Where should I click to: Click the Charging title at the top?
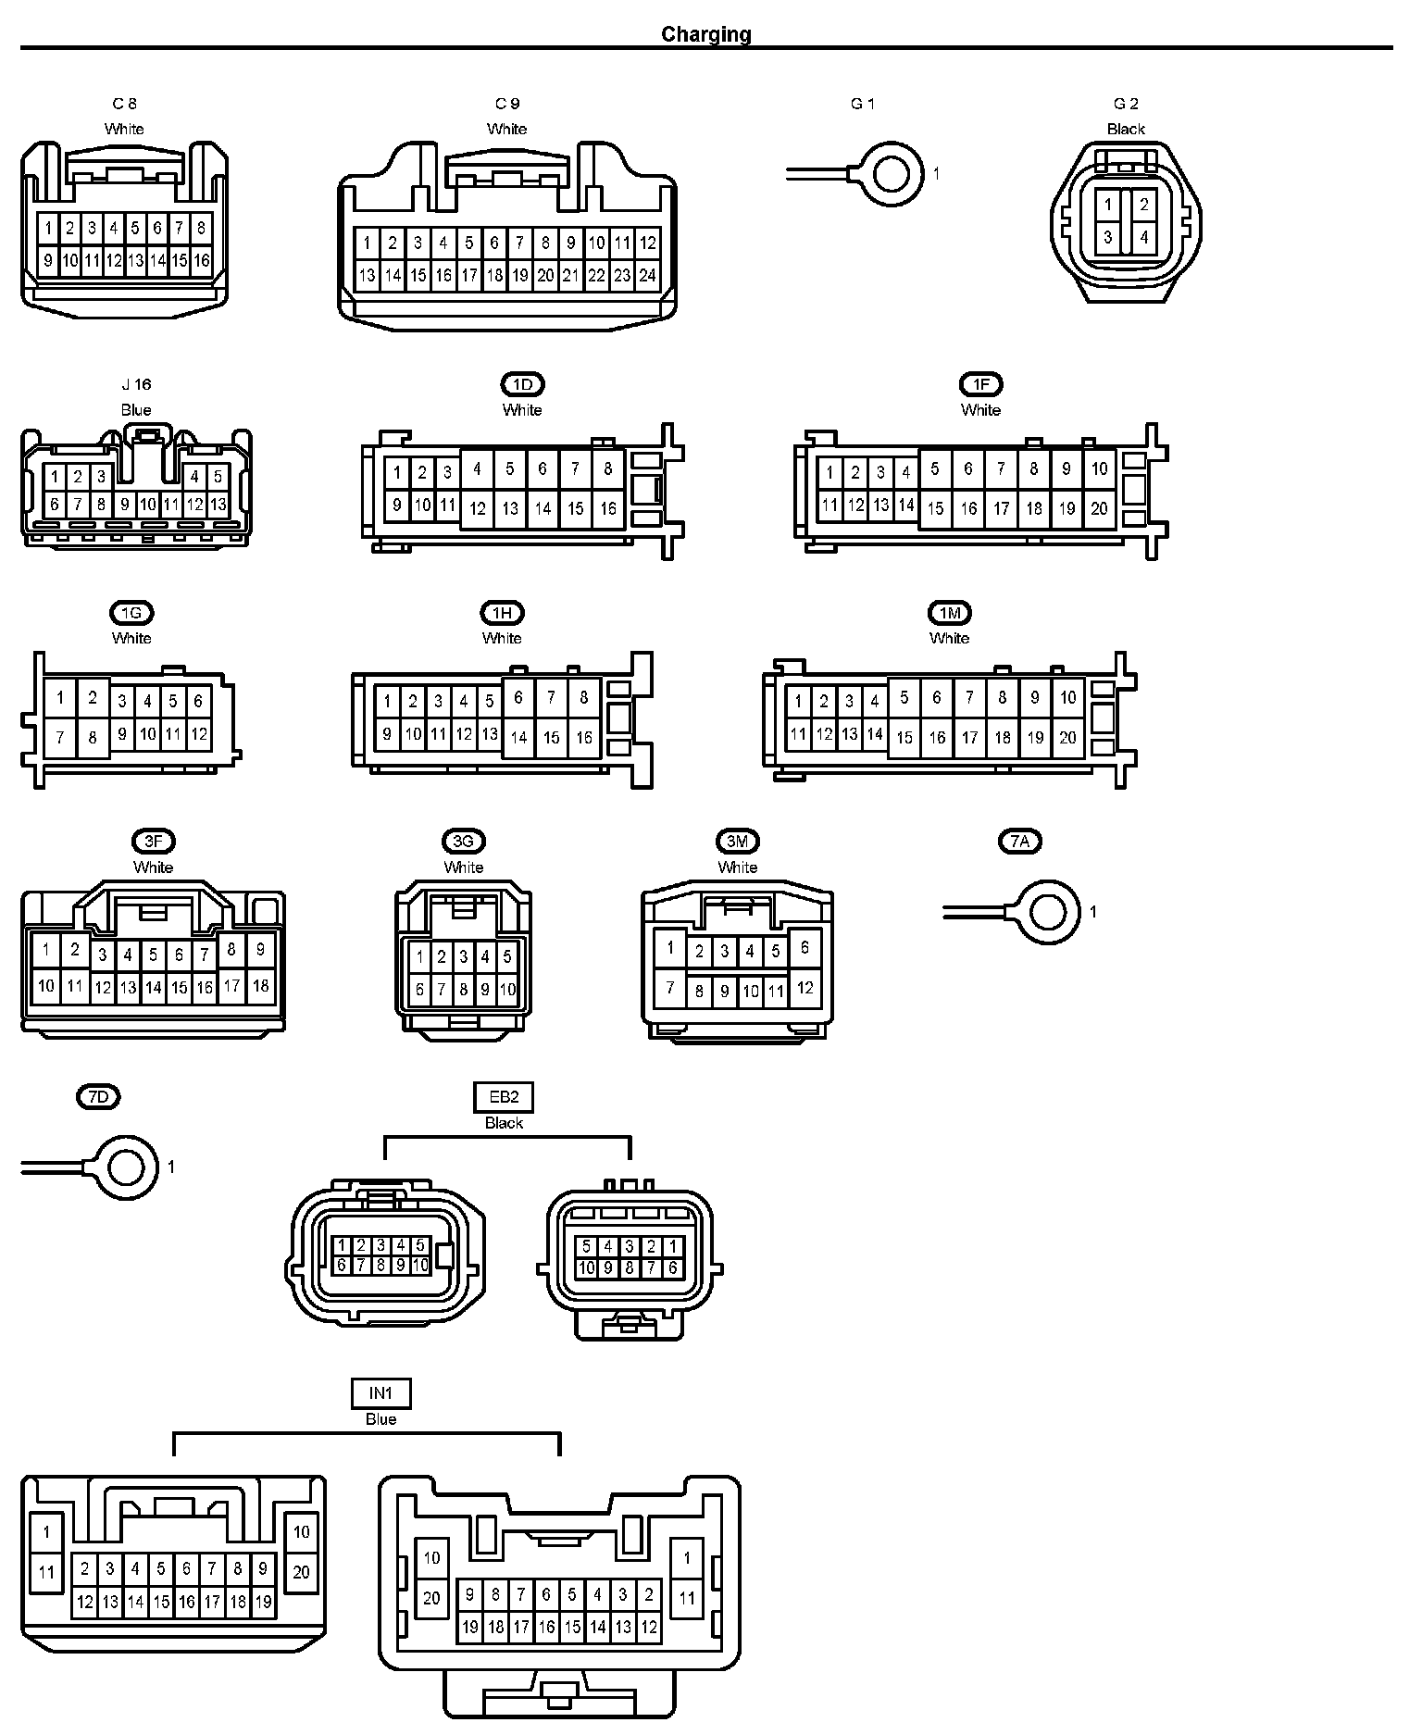(x=705, y=34)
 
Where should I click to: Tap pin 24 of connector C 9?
(x=647, y=275)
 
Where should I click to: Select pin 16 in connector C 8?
(x=202, y=260)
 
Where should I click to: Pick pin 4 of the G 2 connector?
(x=1144, y=237)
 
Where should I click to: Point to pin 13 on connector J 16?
(x=218, y=505)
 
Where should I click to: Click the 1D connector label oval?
(x=522, y=384)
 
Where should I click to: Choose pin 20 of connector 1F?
(x=1099, y=508)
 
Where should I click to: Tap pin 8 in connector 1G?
(x=93, y=738)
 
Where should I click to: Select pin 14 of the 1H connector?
(x=518, y=738)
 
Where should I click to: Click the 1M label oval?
(x=950, y=613)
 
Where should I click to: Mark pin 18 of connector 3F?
(x=261, y=986)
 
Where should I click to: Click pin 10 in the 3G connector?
(x=506, y=990)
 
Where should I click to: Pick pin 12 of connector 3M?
(x=805, y=988)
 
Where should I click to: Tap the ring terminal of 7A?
(x=1048, y=912)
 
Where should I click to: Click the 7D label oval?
(x=98, y=1097)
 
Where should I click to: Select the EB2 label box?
(x=504, y=1098)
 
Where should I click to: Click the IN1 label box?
(x=380, y=1393)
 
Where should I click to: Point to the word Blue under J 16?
(x=136, y=409)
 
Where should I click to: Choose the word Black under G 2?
(x=1126, y=129)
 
